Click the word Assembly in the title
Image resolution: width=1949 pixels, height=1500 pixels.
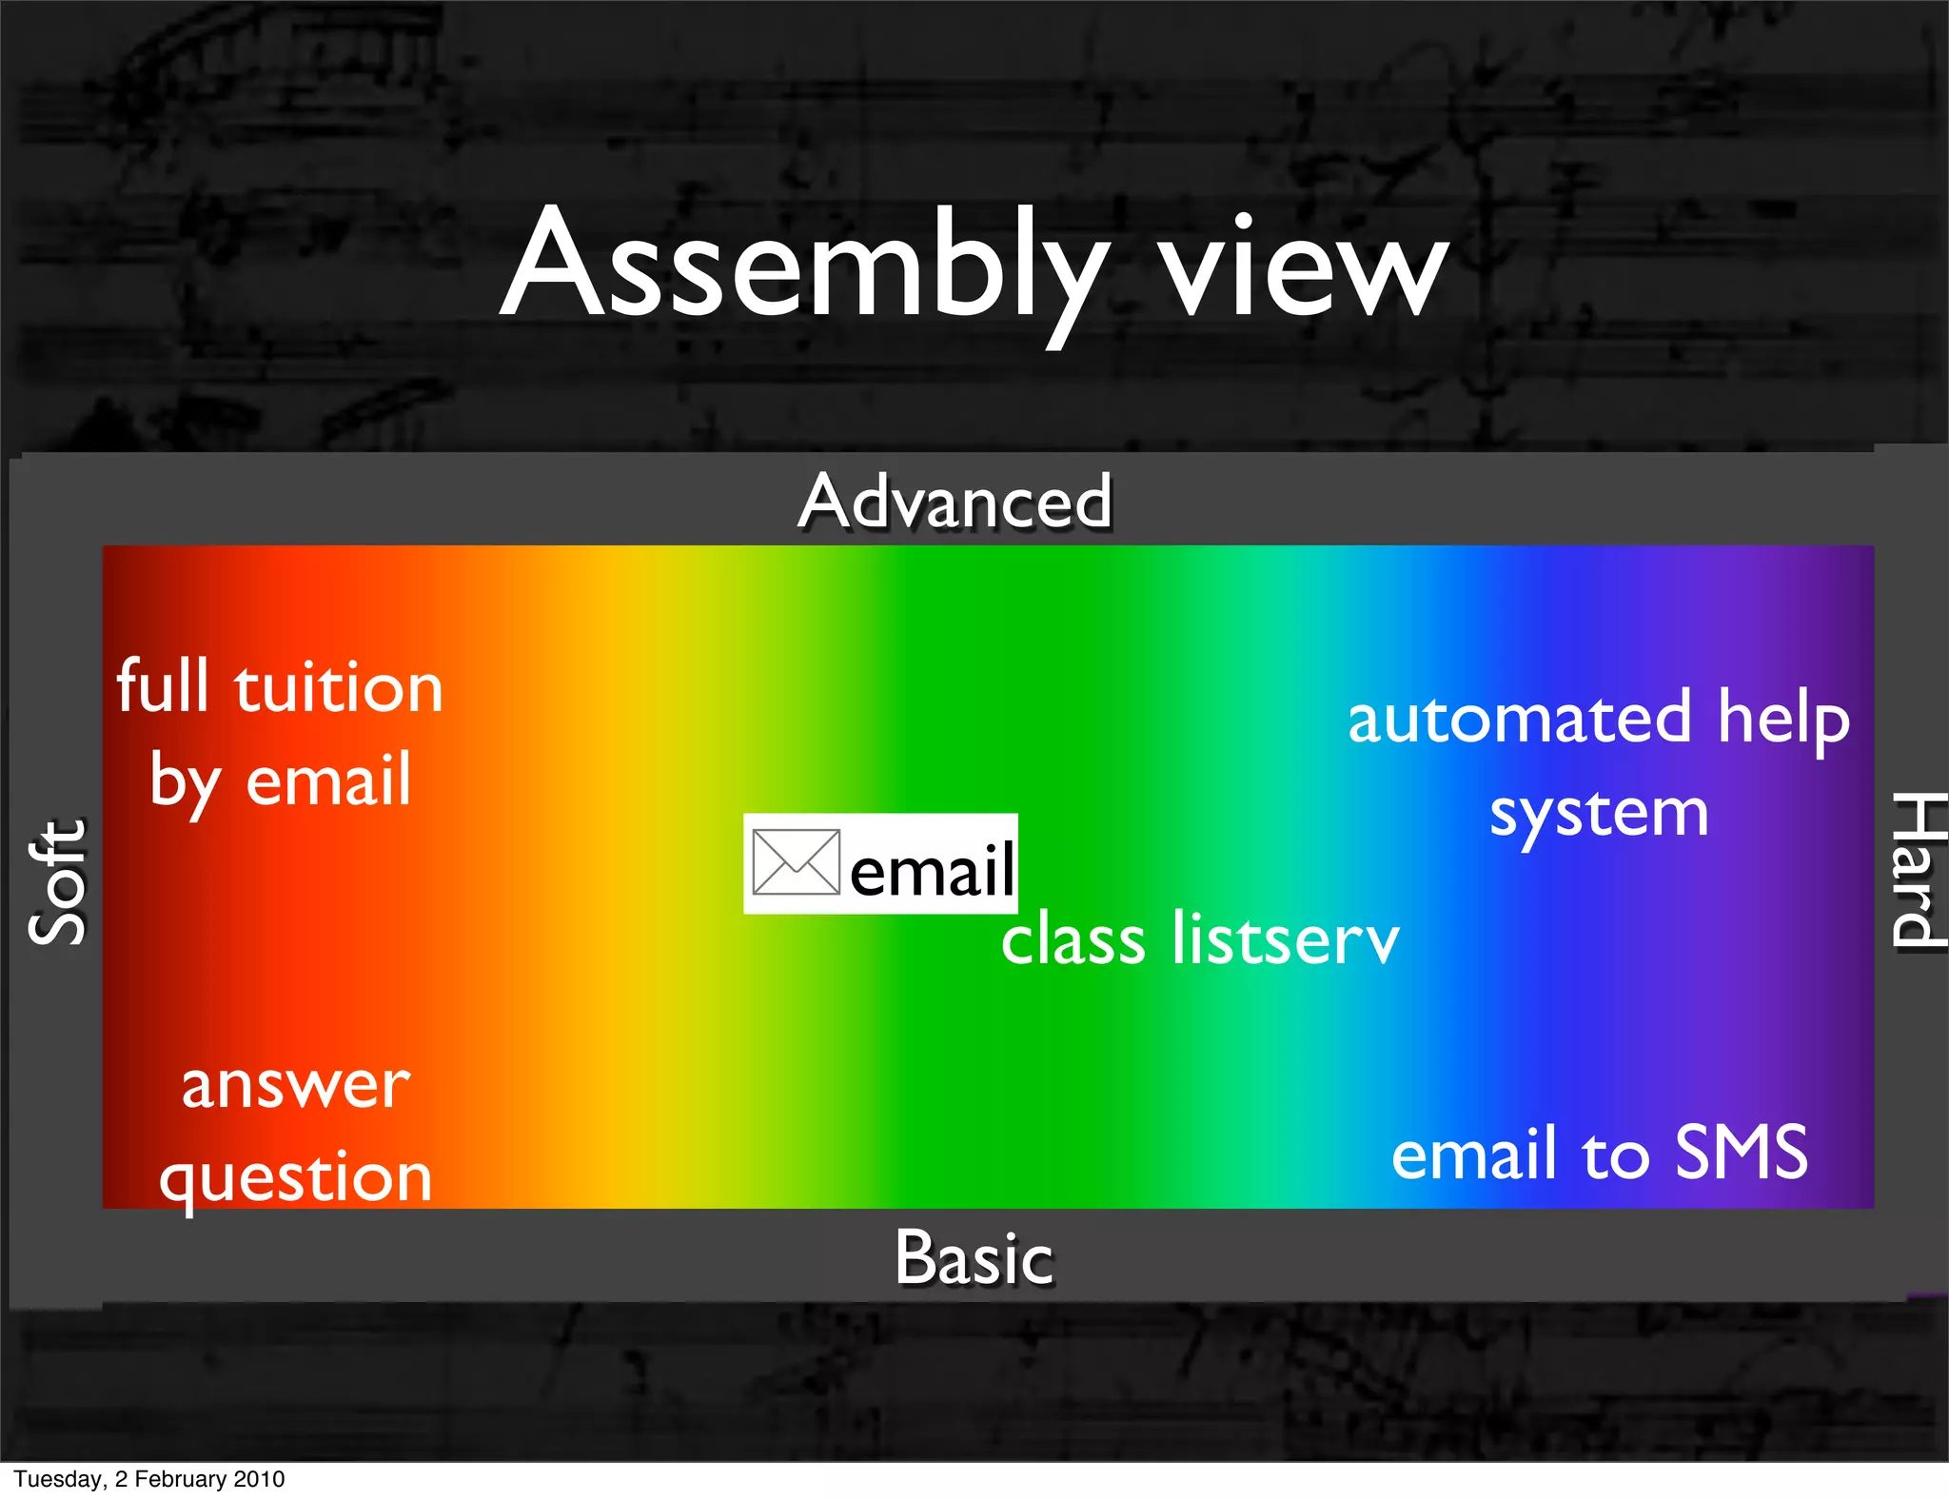[x=804, y=266]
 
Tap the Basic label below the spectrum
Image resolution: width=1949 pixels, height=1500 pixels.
[x=974, y=1258]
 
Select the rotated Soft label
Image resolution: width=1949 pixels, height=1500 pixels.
[x=57, y=881]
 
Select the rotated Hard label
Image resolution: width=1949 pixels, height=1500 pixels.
[x=1915, y=870]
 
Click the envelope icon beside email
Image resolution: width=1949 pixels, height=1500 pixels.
[x=796, y=862]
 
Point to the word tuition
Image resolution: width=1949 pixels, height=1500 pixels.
[x=339, y=687]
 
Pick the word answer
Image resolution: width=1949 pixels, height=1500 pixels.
[x=296, y=1085]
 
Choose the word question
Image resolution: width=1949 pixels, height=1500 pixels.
[x=296, y=1178]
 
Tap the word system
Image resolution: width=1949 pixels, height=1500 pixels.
[x=1599, y=815]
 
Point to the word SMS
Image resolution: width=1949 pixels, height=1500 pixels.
[x=1741, y=1153]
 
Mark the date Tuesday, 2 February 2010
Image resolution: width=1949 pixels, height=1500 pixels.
[x=149, y=1479]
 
